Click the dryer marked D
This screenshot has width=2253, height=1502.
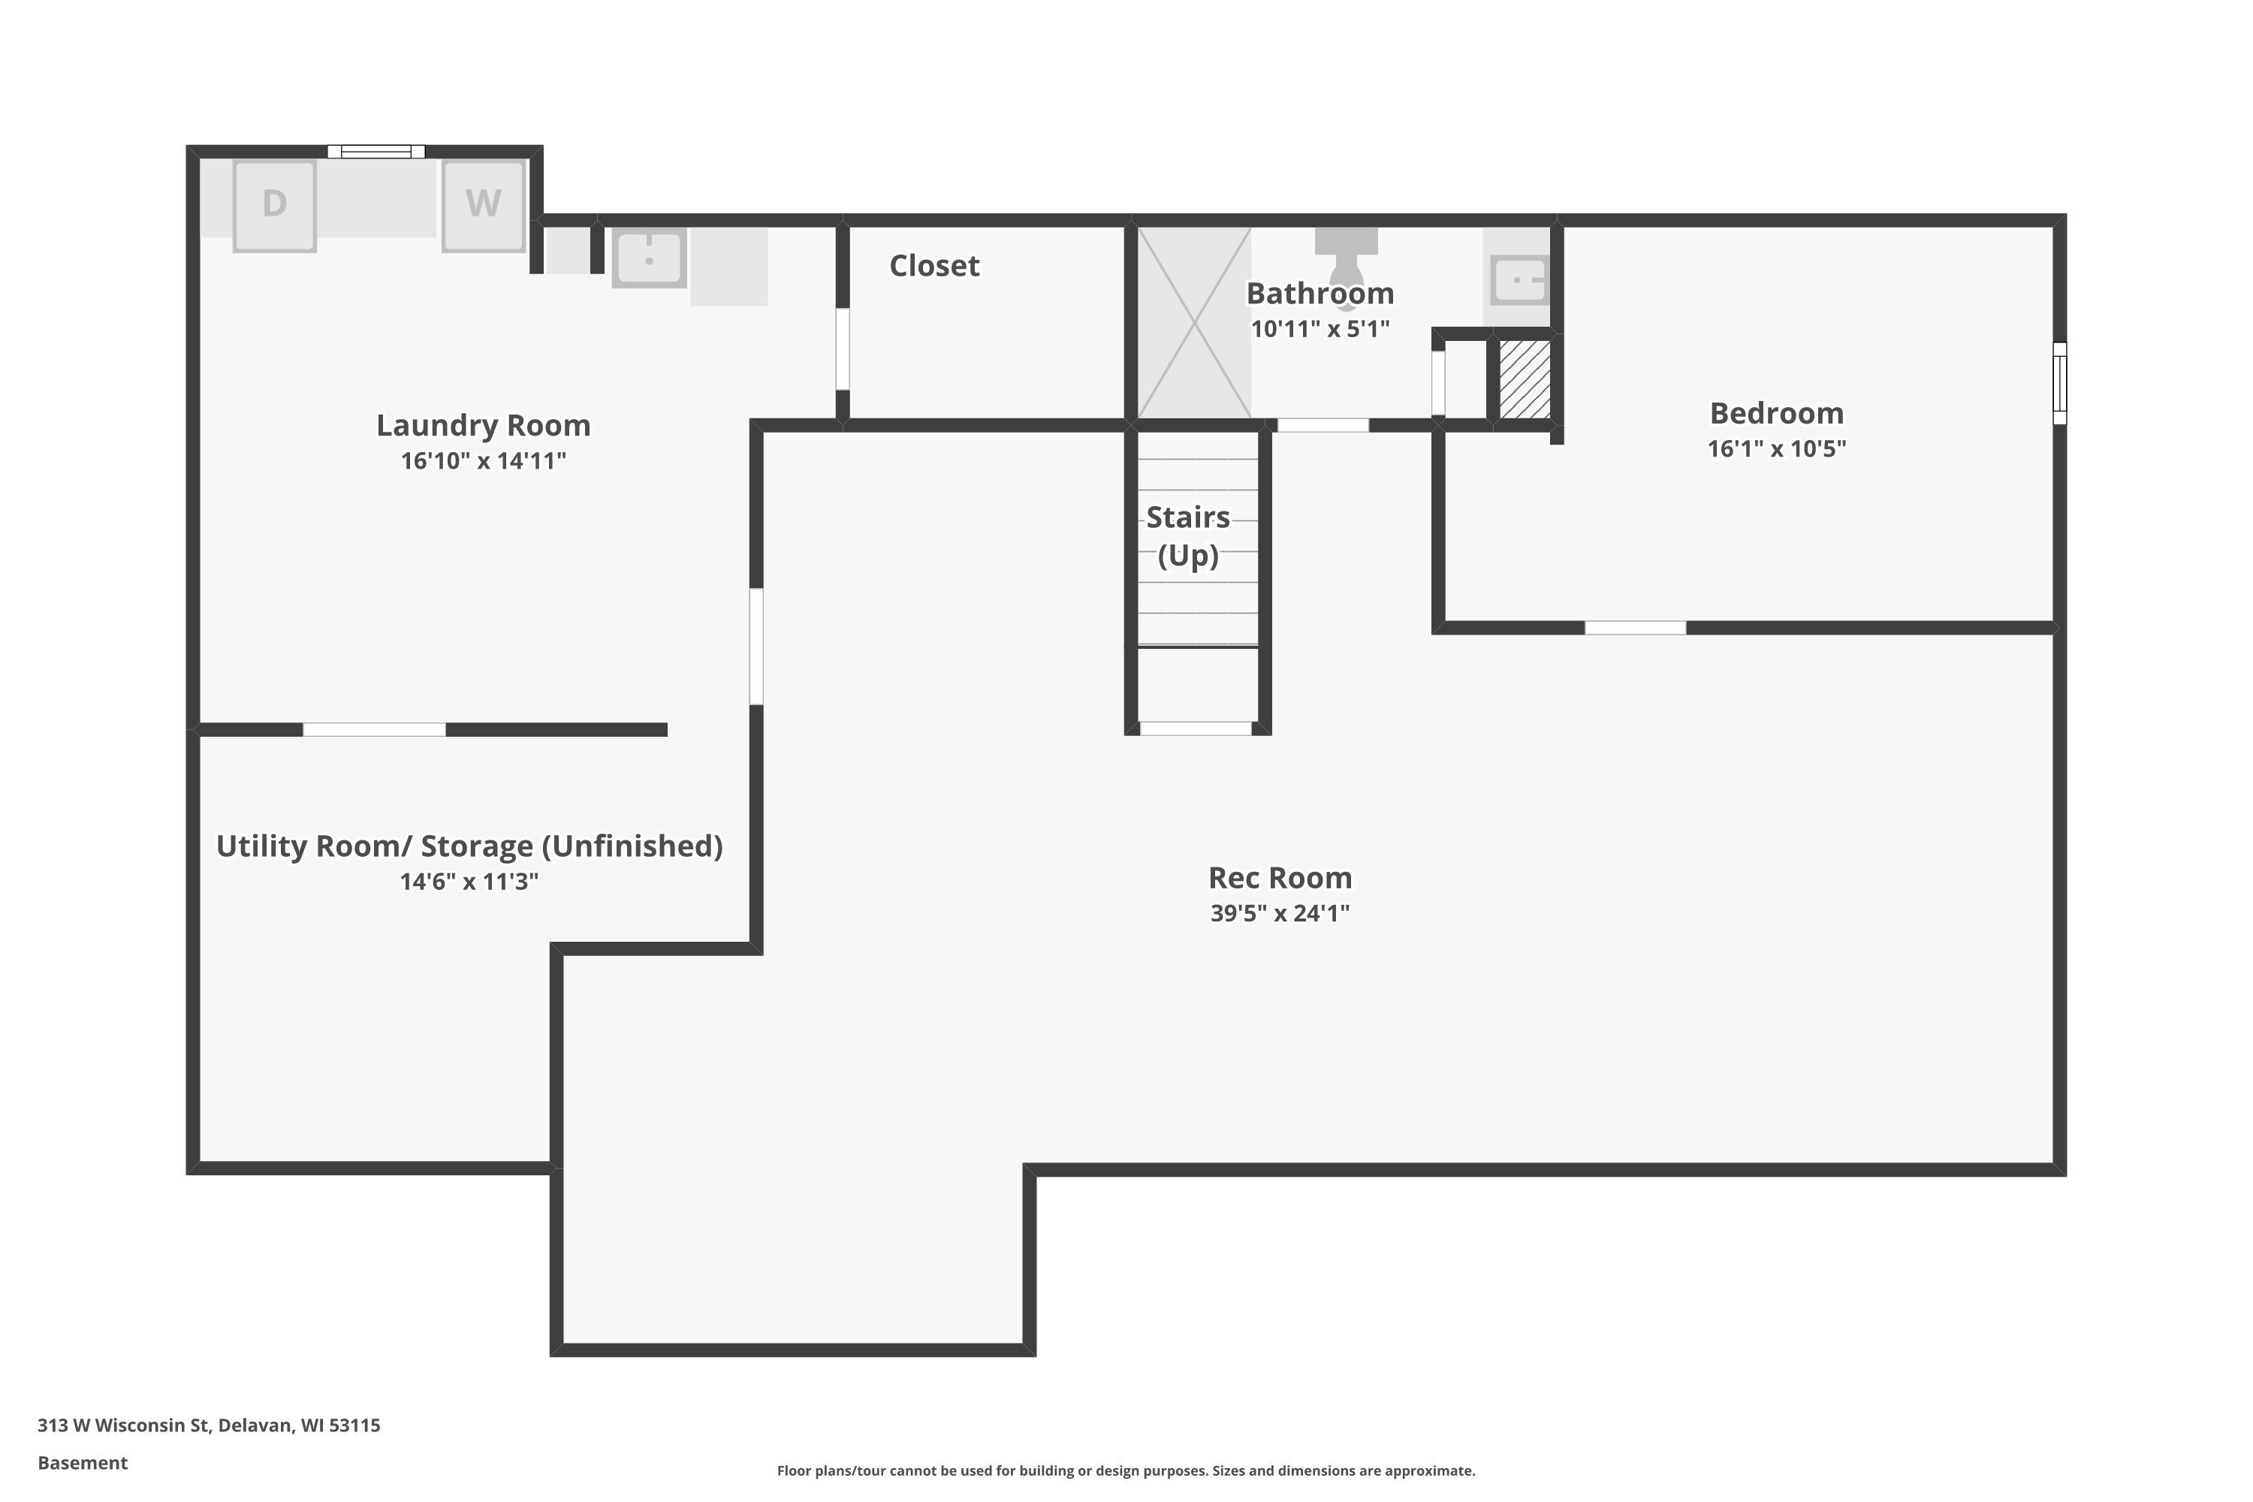[x=275, y=206]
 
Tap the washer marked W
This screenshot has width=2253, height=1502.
[x=484, y=206]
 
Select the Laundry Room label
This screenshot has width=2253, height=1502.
[x=483, y=425]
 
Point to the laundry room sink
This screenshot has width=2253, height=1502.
[x=650, y=258]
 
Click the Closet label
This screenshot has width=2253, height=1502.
[x=934, y=265]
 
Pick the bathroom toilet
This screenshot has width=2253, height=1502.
[x=1346, y=264]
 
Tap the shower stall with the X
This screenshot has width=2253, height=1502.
[x=1193, y=323]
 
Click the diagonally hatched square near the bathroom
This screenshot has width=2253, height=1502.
[x=1525, y=379]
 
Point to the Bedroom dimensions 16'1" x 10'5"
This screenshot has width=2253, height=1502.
[x=1777, y=449]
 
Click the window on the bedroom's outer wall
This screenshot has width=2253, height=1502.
[x=2059, y=383]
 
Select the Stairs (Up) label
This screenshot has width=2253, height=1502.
[x=1188, y=536]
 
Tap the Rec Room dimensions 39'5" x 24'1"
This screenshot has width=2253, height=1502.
[x=1280, y=914]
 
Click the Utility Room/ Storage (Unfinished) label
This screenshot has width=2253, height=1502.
[x=469, y=847]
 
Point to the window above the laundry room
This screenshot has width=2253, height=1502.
[x=376, y=152]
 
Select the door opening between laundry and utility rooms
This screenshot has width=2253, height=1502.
[x=375, y=730]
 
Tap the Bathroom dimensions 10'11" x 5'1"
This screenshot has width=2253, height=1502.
[x=1320, y=330]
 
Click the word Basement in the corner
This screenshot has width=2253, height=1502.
[x=83, y=1463]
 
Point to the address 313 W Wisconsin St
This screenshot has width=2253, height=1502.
[x=124, y=1425]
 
